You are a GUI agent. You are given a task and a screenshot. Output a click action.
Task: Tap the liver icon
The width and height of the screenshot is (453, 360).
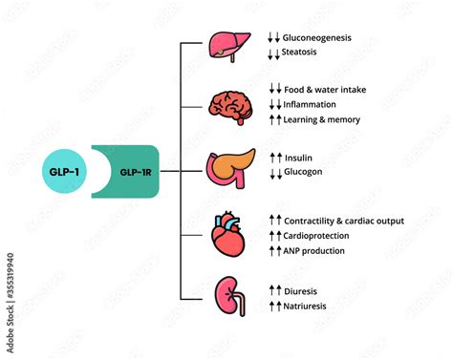click(x=229, y=47)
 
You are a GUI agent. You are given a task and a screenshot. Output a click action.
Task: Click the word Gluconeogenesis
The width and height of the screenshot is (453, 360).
click(x=317, y=38)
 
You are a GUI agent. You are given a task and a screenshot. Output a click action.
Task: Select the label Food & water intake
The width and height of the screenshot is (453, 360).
click(x=325, y=90)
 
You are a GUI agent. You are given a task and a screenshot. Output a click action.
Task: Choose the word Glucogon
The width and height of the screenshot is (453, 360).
click(x=305, y=171)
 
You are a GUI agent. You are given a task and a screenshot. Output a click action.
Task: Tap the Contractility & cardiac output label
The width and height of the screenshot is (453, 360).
click(x=343, y=221)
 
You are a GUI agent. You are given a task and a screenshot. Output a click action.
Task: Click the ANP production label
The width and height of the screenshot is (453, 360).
click(x=314, y=250)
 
